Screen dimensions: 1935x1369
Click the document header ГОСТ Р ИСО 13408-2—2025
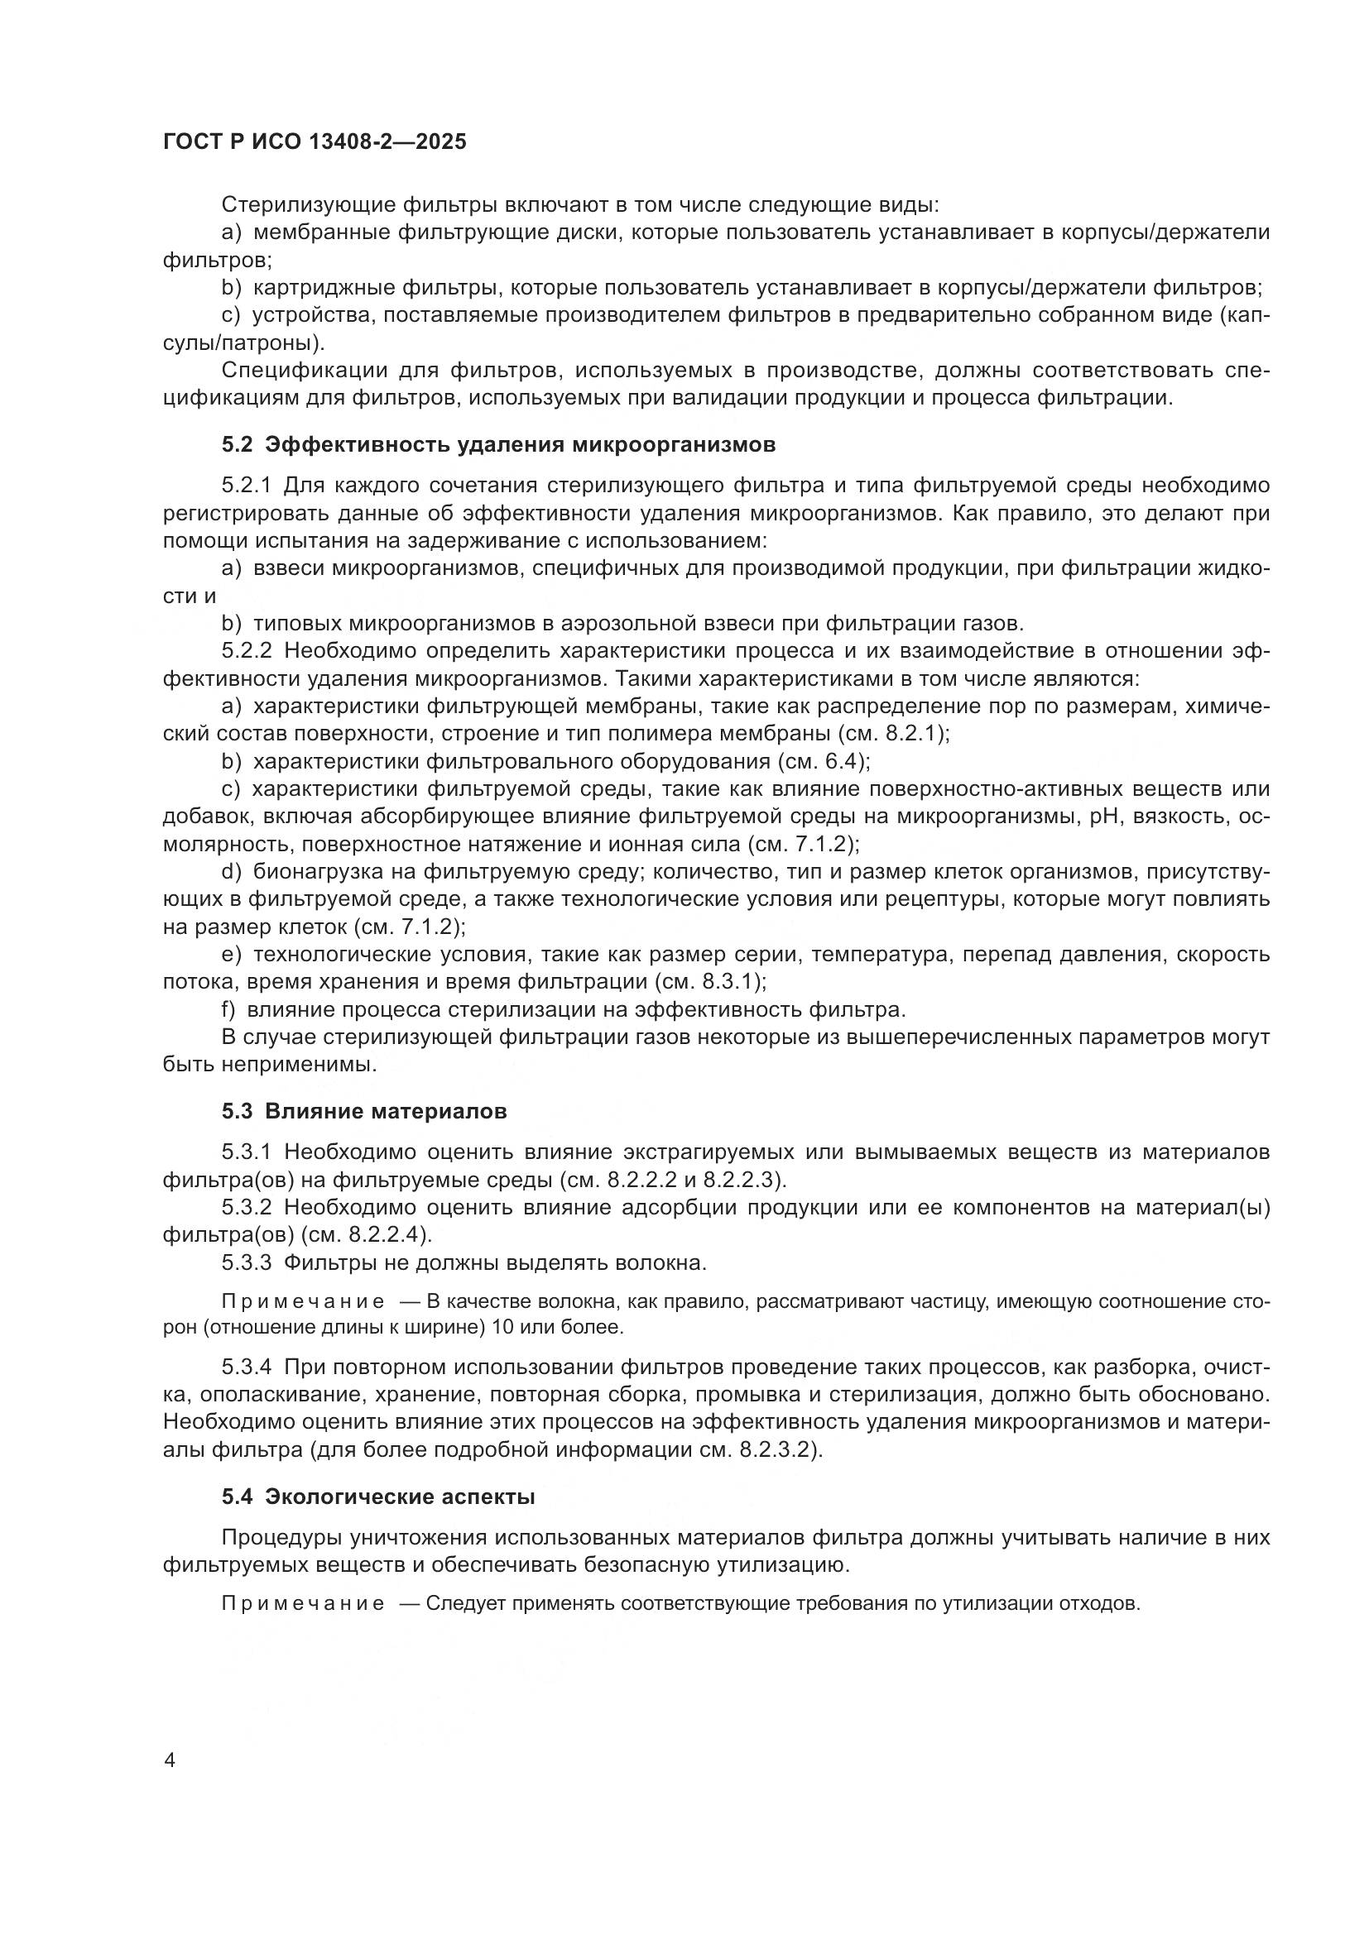tap(315, 142)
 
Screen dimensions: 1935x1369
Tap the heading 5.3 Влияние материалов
tap(364, 1111)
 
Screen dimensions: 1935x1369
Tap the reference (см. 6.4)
tap(823, 762)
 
